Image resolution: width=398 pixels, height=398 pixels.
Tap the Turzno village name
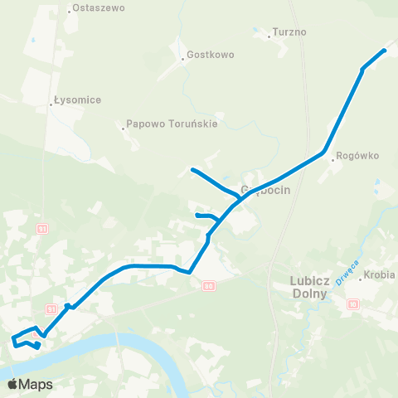pyautogui.click(x=290, y=33)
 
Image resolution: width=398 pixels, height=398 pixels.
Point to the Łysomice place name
pyautogui.click(x=77, y=100)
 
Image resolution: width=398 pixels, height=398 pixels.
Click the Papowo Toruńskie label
pyautogui.click(x=172, y=125)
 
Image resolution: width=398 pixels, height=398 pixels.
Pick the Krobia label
pyautogui.click(x=380, y=274)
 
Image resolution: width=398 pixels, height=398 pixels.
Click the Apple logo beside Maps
pyautogui.click(x=12, y=385)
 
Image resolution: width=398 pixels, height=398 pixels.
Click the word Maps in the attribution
pyautogui.click(x=36, y=385)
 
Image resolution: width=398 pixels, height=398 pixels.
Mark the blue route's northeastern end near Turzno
pyautogui.click(x=384, y=51)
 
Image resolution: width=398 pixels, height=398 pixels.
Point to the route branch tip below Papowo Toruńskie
pyautogui.click(x=192, y=170)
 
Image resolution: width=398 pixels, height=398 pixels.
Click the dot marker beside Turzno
pyautogui.click(x=270, y=36)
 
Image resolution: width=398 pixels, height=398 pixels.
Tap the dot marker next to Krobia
pyautogui.click(x=361, y=279)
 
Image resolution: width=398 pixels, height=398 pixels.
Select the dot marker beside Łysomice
pyautogui.click(x=51, y=104)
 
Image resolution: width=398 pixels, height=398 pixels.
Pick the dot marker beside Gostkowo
pyautogui.click(x=182, y=59)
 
